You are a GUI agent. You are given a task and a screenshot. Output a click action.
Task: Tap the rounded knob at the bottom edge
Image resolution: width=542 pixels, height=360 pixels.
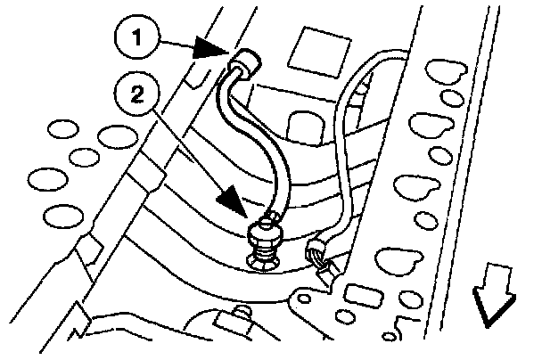239,314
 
